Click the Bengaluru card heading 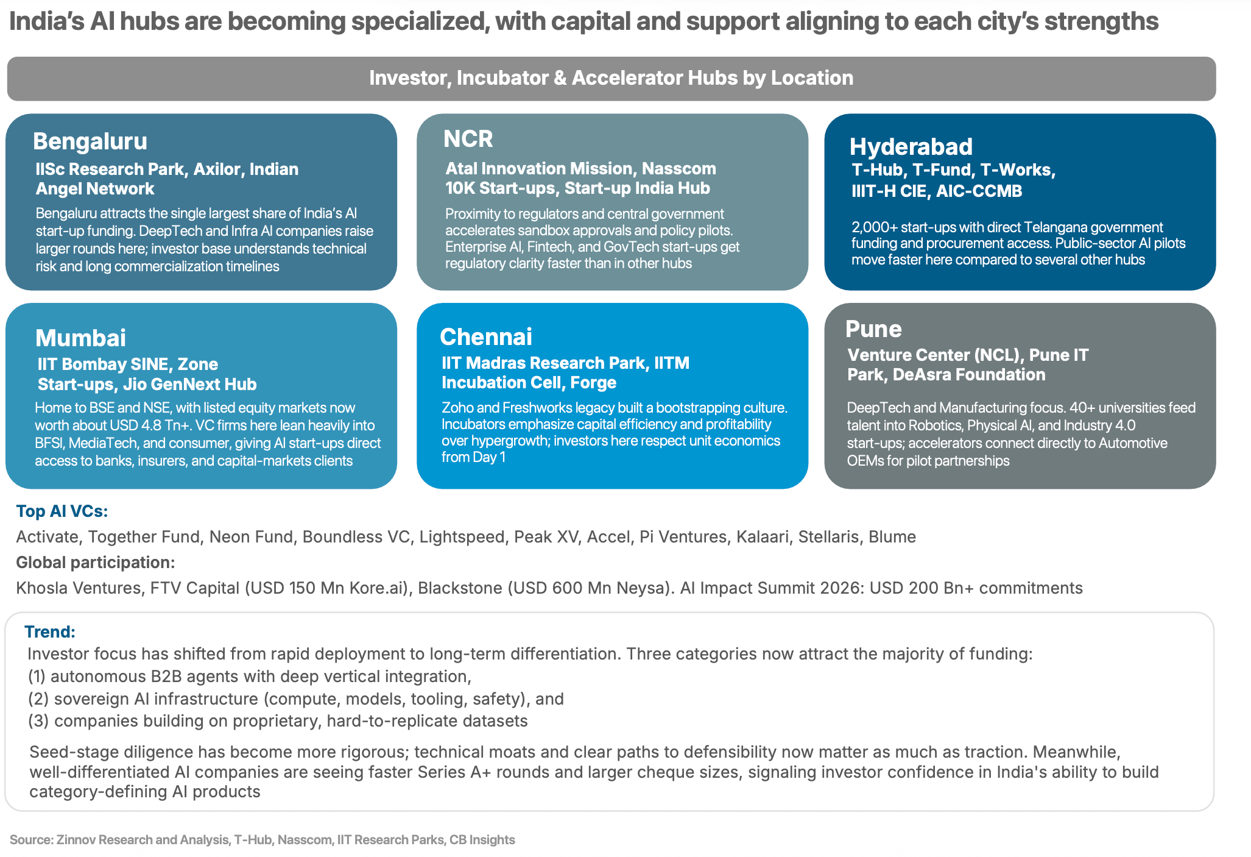(90, 141)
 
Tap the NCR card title (468, 139)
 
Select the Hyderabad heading (911, 147)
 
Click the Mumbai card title (80, 338)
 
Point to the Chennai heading (486, 336)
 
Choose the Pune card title (873, 329)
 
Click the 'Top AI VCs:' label (62, 511)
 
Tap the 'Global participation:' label (96, 562)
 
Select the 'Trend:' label (50, 631)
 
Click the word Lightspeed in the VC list (462, 536)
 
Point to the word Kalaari (763, 536)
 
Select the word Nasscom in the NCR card (679, 168)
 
